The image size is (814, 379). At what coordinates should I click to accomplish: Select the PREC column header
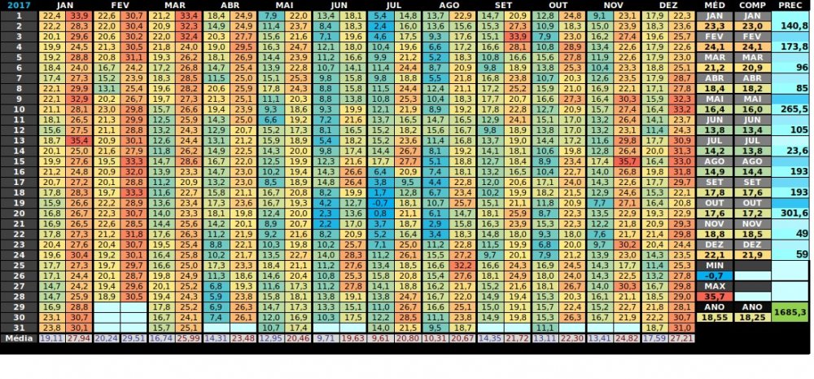pos(789,5)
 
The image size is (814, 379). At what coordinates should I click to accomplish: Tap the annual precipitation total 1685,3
pos(790,311)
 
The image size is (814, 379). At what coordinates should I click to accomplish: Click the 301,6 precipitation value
pos(790,213)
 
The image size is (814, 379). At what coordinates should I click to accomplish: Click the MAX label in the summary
pos(714,286)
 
